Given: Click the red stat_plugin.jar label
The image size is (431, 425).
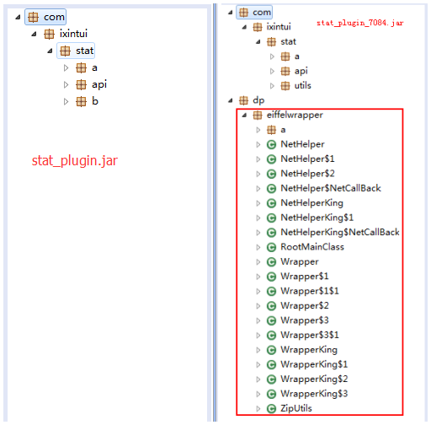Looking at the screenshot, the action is click(x=75, y=160).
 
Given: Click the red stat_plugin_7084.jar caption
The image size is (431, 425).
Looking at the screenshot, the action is click(x=360, y=23).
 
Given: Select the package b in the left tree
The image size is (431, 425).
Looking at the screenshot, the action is click(x=95, y=101).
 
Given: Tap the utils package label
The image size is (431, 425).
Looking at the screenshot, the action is click(x=302, y=85).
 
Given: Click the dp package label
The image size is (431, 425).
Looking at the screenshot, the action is click(x=258, y=100).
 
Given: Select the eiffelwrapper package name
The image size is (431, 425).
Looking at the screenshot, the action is click(x=295, y=115).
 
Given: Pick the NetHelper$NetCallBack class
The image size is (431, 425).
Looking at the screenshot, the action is click(x=331, y=188).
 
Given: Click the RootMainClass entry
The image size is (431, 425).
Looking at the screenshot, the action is click(x=312, y=247).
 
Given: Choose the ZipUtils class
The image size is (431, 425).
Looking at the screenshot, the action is click(x=296, y=408).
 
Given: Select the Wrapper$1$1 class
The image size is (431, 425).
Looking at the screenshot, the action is click(x=310, y=291).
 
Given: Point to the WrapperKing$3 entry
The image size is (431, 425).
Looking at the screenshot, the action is click(x=314, y=394).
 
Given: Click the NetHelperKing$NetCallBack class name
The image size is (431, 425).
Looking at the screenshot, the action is click(x=340, y=232).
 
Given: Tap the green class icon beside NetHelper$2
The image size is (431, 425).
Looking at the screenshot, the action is click(x=271, y=174).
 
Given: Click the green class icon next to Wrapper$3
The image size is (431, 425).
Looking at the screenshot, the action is click(x=271, y=320).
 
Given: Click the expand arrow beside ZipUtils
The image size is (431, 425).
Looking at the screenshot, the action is click(x=258, y=408).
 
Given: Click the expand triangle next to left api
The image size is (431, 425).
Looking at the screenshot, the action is click(x=66, y=84).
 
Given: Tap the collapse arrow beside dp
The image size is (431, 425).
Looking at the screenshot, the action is click(x=231, y=100).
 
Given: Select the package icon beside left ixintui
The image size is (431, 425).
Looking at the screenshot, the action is click(x=49, y=34).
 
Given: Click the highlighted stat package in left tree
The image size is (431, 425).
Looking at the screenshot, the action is click(x=76, y=51).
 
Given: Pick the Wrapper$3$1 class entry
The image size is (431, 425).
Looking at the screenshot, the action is click(x=310, y=335).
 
